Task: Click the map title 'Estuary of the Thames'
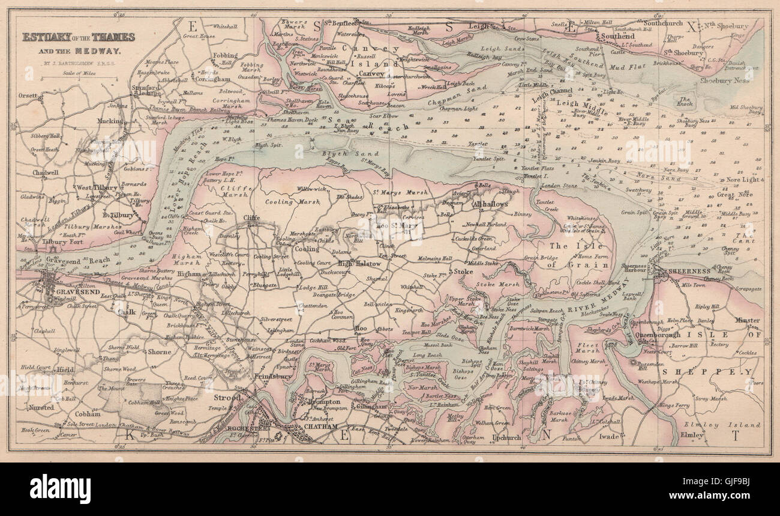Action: pos(79,37)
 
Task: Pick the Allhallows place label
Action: pos(490,204)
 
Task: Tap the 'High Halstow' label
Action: pos(359,263)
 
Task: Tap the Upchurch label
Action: pos(506,437)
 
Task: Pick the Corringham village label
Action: pos(212,79)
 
